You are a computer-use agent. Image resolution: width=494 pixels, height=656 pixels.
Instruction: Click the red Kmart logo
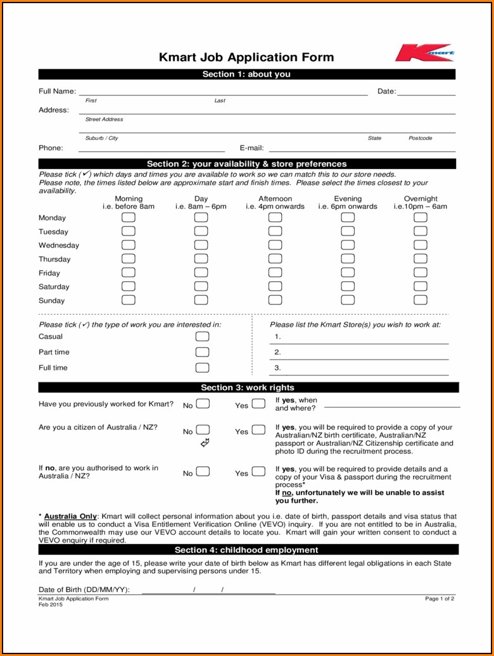tap(424, 53)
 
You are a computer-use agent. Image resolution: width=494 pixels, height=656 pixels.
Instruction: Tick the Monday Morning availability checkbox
tap(129, 217)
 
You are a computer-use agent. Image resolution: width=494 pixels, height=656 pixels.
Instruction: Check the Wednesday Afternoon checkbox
tap(275, 245)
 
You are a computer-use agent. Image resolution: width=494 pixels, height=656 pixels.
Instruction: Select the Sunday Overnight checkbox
tap(421, 300)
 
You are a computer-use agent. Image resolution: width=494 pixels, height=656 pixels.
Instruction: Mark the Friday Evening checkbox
tap(348, 272)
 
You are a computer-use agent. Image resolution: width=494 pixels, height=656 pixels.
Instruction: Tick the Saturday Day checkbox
tap(201, 286)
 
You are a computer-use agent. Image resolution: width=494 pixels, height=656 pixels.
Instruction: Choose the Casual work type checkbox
tap(202, 336)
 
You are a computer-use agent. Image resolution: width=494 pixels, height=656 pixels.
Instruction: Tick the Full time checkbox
tap(202, 367)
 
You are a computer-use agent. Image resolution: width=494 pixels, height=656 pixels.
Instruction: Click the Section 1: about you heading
tap(246, 74)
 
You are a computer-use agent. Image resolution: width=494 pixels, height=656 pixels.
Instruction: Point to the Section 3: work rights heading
tap(247, 388)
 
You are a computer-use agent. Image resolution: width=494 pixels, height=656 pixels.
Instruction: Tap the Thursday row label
tap(54, 259)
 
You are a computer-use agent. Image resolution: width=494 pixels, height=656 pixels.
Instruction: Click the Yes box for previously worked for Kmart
tap(258, 403)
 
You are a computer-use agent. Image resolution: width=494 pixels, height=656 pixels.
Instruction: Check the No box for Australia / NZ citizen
tap(203, 430)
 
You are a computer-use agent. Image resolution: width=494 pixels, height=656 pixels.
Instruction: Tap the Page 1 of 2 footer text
tap(440, 598)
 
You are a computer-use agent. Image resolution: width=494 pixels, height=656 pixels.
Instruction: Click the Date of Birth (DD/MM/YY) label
tap(84, 590)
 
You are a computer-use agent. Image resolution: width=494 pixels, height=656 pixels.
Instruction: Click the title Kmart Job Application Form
tap(246, 57)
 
